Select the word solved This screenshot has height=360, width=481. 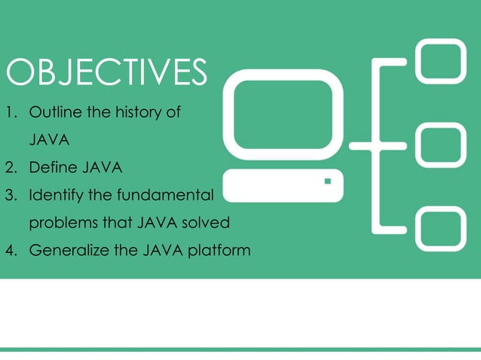point(207,223)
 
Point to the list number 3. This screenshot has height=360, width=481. point(11,195)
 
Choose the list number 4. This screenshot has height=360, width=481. point(11,250)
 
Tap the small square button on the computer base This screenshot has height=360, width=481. point(327,182)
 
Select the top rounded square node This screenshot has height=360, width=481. point(440,61)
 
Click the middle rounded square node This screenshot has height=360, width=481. point(440,145)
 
